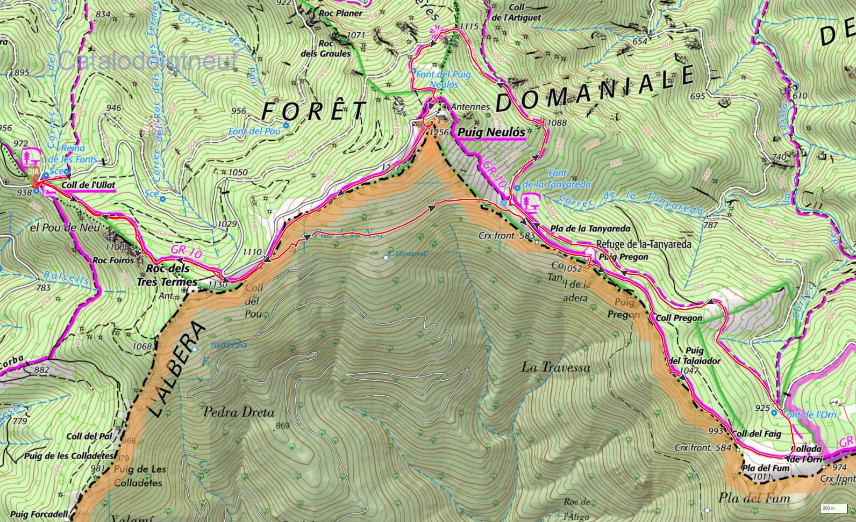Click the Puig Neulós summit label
click(490, 132)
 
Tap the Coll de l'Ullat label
click(88, 185)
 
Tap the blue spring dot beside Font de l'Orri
click(774, 412)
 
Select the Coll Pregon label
click(679, 318)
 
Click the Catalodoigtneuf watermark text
click(148, 61)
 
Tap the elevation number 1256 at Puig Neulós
click(439, 131)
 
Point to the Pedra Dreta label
click(239, 412)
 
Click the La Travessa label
click(555, 367)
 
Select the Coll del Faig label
click(754, 433)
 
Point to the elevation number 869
click(283, 426)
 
